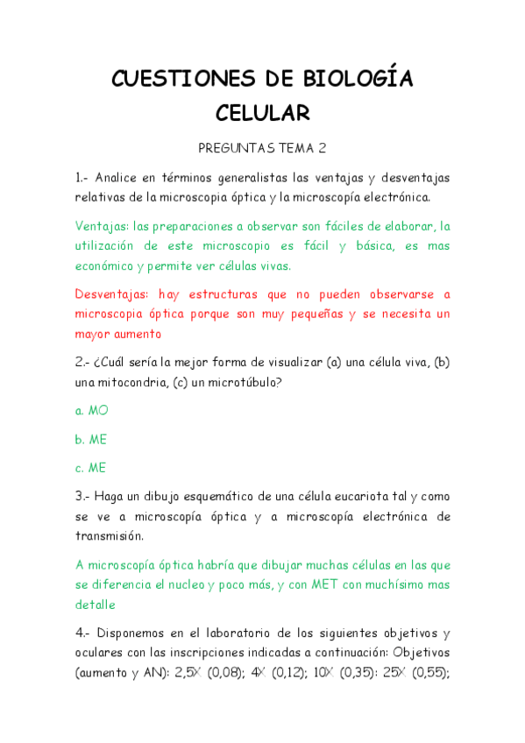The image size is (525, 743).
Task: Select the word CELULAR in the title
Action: [x=263, y=113]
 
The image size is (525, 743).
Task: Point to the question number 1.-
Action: [x=82, y=178]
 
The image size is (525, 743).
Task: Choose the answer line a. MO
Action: [x=91, y=410]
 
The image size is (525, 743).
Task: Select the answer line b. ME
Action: [x=91, y=439]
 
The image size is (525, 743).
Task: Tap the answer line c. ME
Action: [x=90, y=468]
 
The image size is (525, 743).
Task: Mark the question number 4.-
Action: [x=82, y=633]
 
